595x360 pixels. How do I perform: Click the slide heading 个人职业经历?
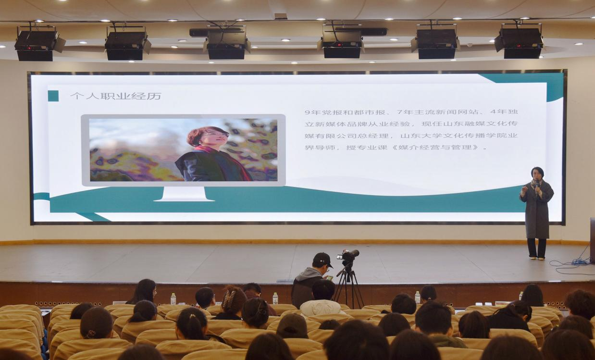click(116, 96)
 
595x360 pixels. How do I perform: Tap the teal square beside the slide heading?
click(53, 96)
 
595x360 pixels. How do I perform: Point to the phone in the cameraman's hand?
click(330, 278)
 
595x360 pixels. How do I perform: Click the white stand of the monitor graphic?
click(184, 194)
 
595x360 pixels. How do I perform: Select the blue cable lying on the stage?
click(571, 263)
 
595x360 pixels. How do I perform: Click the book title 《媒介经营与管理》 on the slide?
click(435, 147)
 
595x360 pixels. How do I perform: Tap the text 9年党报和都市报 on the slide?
click(345, 112)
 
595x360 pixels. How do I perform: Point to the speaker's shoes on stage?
click(537, 258)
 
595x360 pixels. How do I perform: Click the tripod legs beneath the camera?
click(348, 287)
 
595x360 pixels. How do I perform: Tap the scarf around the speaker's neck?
click(536, 185)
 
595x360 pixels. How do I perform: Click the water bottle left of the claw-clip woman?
click(173, 298)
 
